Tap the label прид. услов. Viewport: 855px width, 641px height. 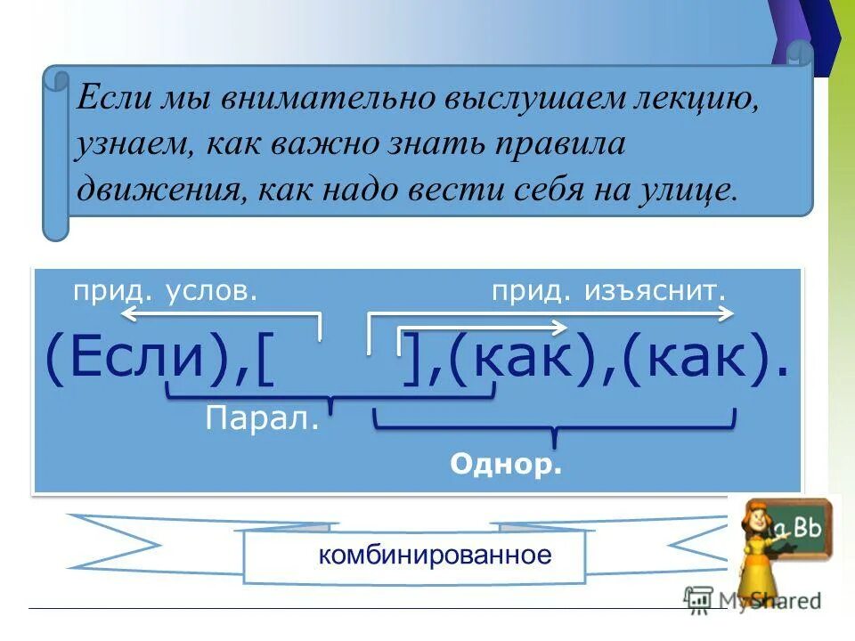tap(166, 290)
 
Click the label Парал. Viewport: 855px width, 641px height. tap(262, 418)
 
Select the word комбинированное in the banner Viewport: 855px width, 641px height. tap(436, 556)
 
